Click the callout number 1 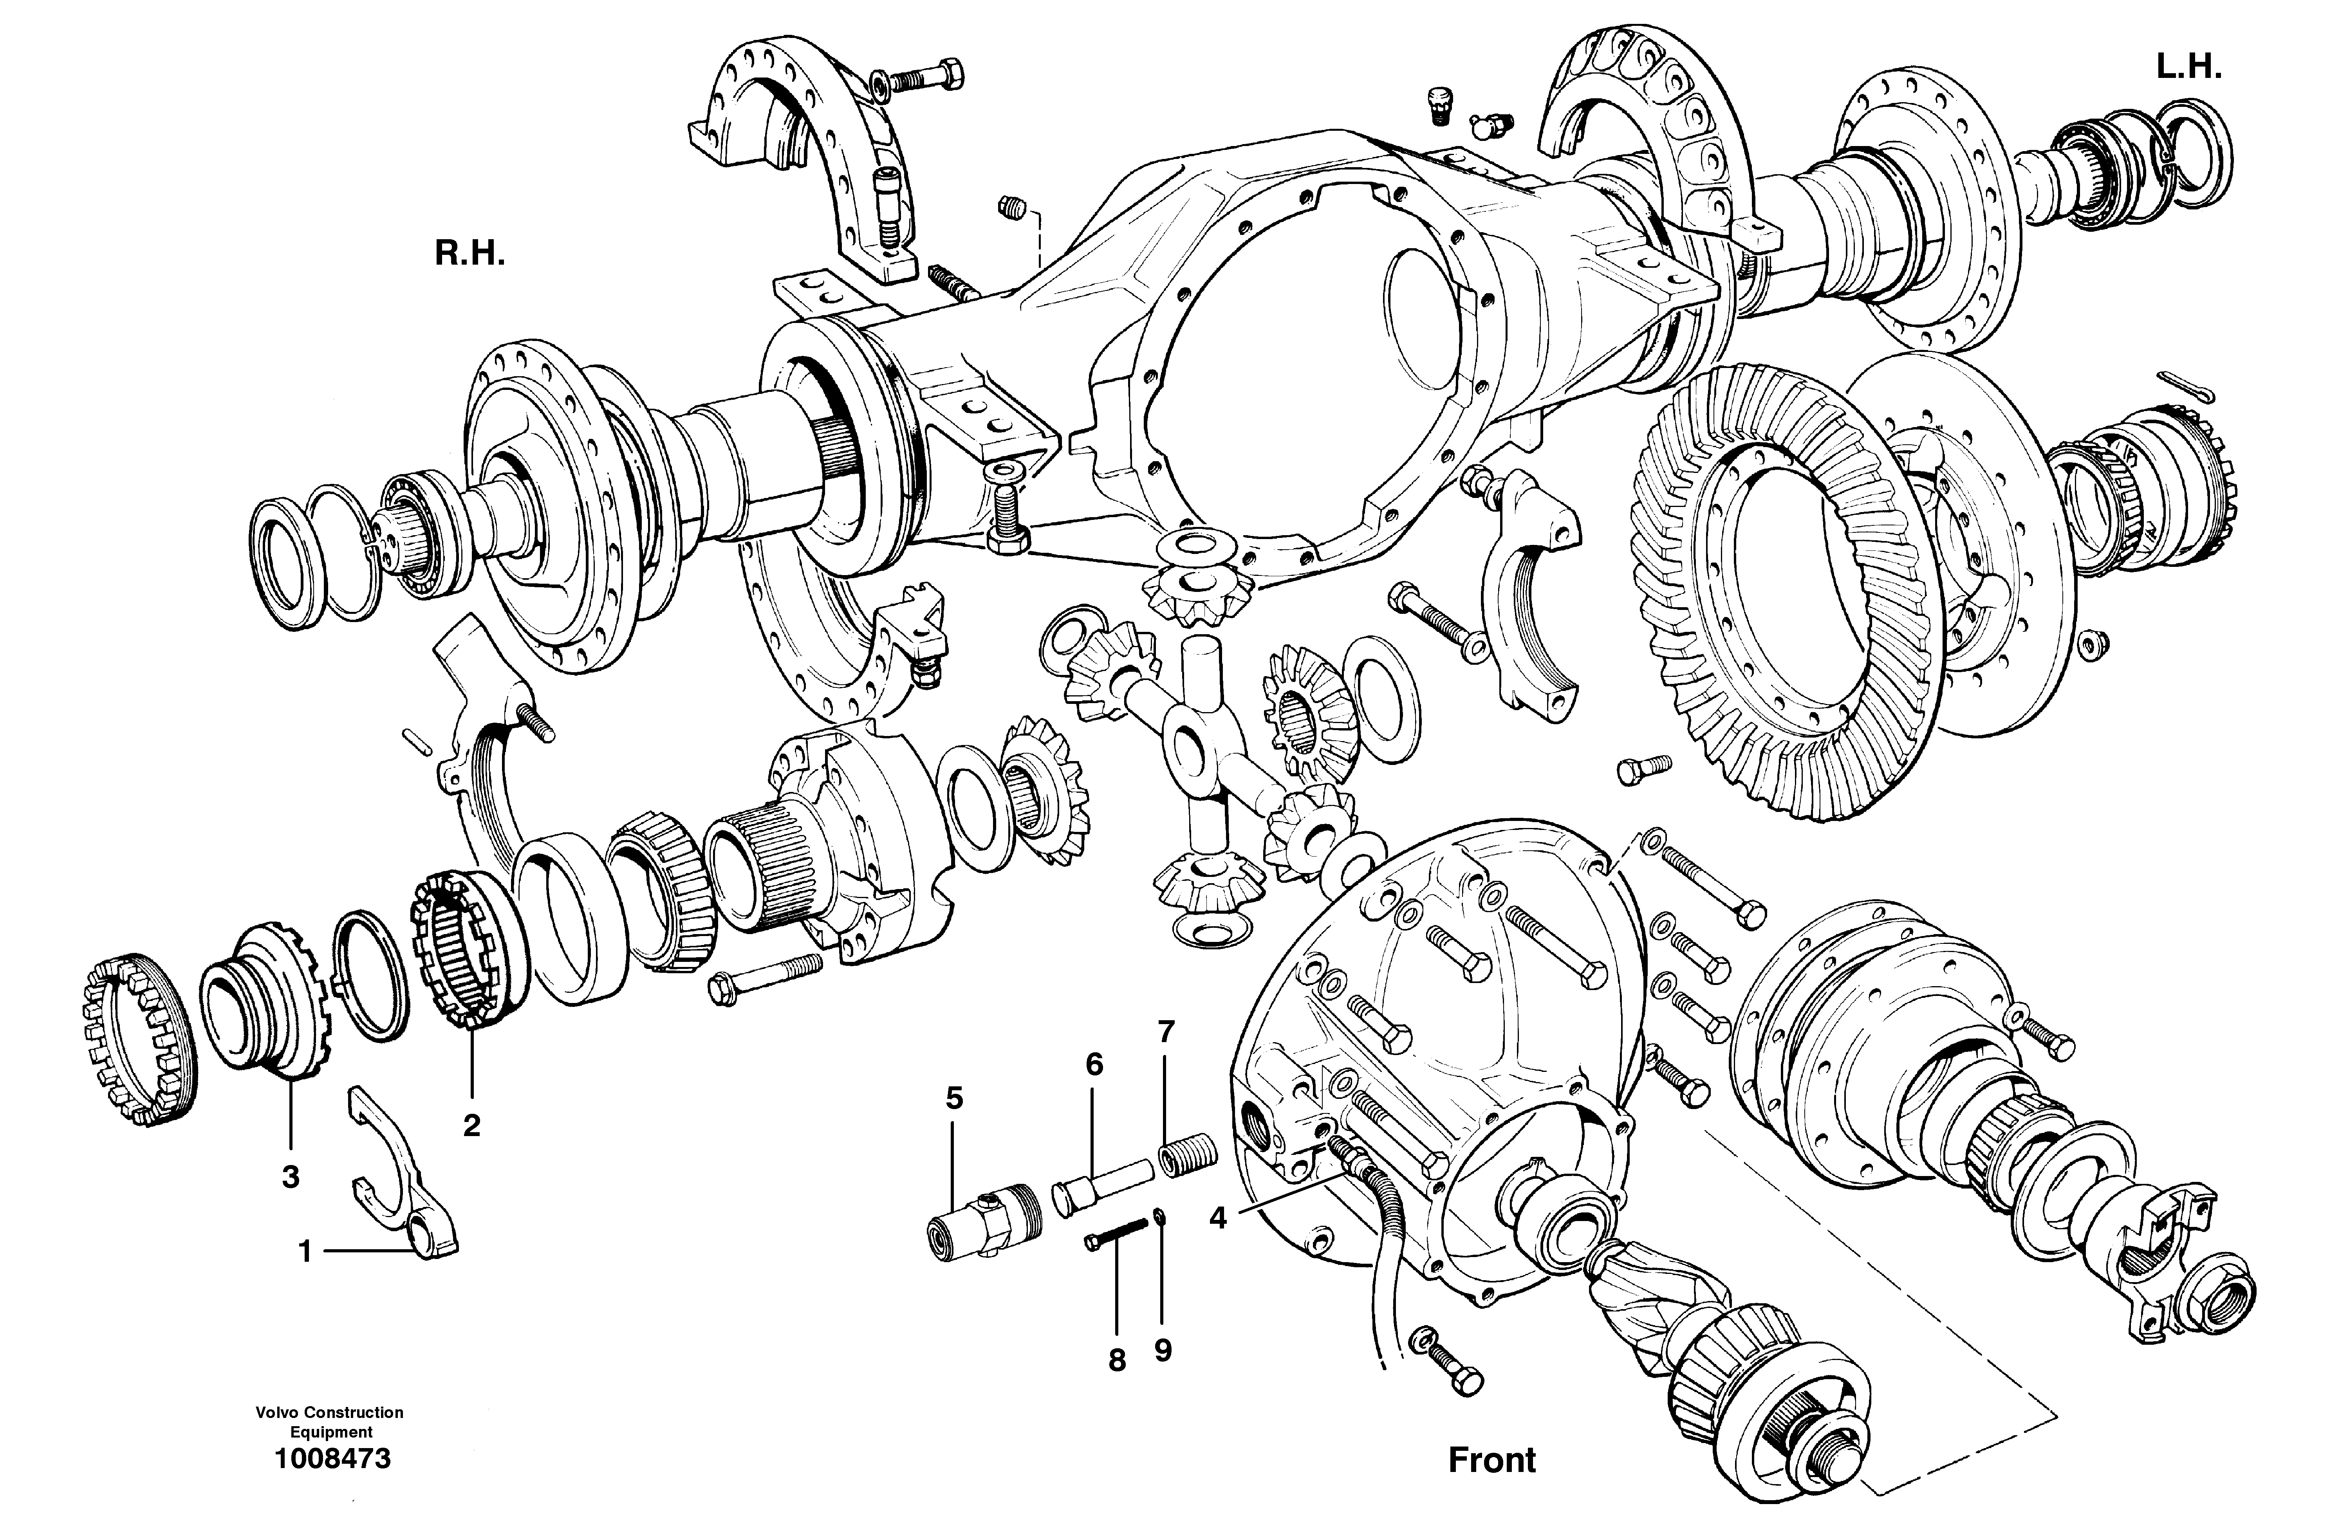(305, 1252)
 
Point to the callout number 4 (1217, 1218)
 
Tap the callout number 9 (1163, 1351)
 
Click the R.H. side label (470, 255)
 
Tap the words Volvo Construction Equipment (330, 1422)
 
